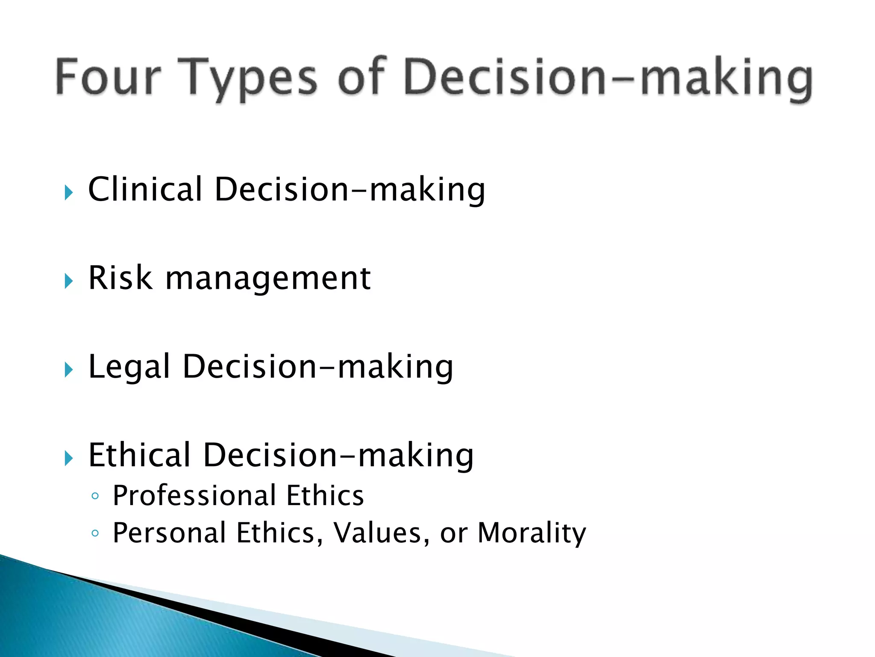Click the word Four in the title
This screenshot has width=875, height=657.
click(x=108, y=77)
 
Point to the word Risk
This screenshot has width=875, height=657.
click(x=120, y=278)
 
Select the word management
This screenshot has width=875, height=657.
click(x=268, y=279)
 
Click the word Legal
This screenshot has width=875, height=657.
click(x=129, y=367)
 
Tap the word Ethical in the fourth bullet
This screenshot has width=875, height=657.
click(x=139, y=455)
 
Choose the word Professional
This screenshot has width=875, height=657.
click(x=194, y=496)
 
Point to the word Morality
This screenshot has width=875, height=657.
click(x=531, y=534)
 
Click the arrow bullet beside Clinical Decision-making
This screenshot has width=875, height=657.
click(x=68, y=192)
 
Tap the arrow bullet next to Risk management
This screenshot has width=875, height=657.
click(x=68, y=281)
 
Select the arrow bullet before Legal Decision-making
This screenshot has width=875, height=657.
click(x=68, y=370)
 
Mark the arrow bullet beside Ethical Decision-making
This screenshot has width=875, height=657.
click(x=68, y=458)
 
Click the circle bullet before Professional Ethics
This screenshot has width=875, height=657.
click(x=95, y=496)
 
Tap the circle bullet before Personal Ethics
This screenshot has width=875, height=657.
click(x=95, y=533)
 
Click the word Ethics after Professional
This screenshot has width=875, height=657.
click(x=325, y=496)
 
